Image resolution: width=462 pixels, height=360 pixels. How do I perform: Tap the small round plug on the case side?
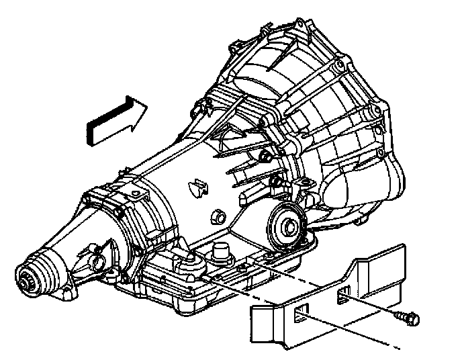(x=216, y=218)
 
